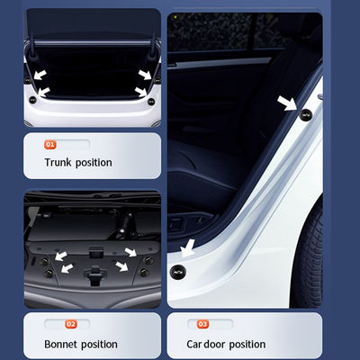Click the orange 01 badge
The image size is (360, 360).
pyautogui.click(x=50, y=143)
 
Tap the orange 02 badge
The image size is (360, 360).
pyautogui.click(x=71, y=324)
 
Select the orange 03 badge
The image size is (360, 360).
pyautogui.click(x=202, y=324)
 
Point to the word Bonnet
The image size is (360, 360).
pyautogui.click(x=63, y=344)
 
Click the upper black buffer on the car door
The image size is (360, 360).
pyautogui.click(x=305, y=114)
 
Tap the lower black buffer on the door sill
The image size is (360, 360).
pyautogui.click(x=178, y=270)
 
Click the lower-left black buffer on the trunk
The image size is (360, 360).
pyautogui.click(x=41, y=92)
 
